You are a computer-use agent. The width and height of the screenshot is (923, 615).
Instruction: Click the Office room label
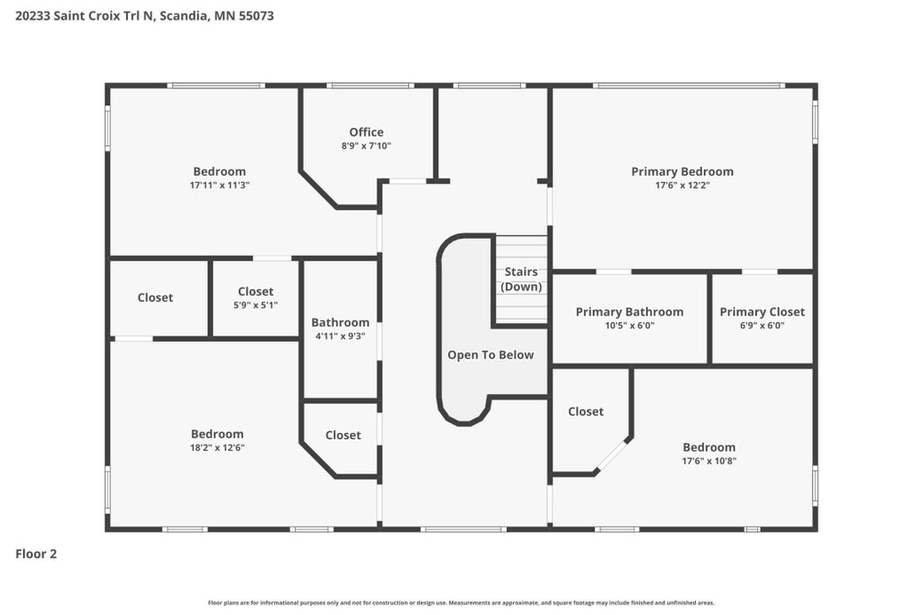tap(366, 132)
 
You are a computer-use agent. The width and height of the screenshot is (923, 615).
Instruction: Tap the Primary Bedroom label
tap(682, 171)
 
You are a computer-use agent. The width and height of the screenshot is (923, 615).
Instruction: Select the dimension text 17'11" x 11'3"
tap(220, 185)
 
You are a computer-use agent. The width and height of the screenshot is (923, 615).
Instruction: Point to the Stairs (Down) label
tap(521, 280)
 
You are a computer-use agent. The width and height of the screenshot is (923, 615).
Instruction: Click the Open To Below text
tap(490, 354)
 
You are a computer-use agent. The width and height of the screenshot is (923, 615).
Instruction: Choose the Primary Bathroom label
tap(629, 312)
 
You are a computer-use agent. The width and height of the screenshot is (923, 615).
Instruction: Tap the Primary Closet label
tap(762, 312)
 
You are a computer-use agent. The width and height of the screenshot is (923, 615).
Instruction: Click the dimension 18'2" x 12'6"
tap(217, 447)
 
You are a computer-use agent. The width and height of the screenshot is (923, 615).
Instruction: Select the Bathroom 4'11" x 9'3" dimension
tap(340, 336)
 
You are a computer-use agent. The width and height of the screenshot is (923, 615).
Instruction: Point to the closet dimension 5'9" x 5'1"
tap(255, 305)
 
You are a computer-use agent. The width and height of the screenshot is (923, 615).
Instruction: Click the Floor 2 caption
tap(36, 554)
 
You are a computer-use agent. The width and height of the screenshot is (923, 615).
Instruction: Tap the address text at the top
tap(144, 16)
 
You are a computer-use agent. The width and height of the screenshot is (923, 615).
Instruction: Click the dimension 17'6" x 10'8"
tap(708, 462)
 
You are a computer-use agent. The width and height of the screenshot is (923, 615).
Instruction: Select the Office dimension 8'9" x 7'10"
tap(366, 145)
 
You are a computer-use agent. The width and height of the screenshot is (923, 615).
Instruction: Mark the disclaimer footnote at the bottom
tap(461, 602)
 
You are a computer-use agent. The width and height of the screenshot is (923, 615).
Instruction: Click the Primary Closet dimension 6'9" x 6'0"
tap(762, 326)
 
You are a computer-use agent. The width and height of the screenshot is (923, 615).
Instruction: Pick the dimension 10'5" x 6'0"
tap(629, 326)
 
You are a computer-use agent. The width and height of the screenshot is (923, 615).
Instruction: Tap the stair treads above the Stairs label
tap(521, 250)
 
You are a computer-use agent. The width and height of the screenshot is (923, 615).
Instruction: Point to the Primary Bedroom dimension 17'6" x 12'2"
tap(682, 185)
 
